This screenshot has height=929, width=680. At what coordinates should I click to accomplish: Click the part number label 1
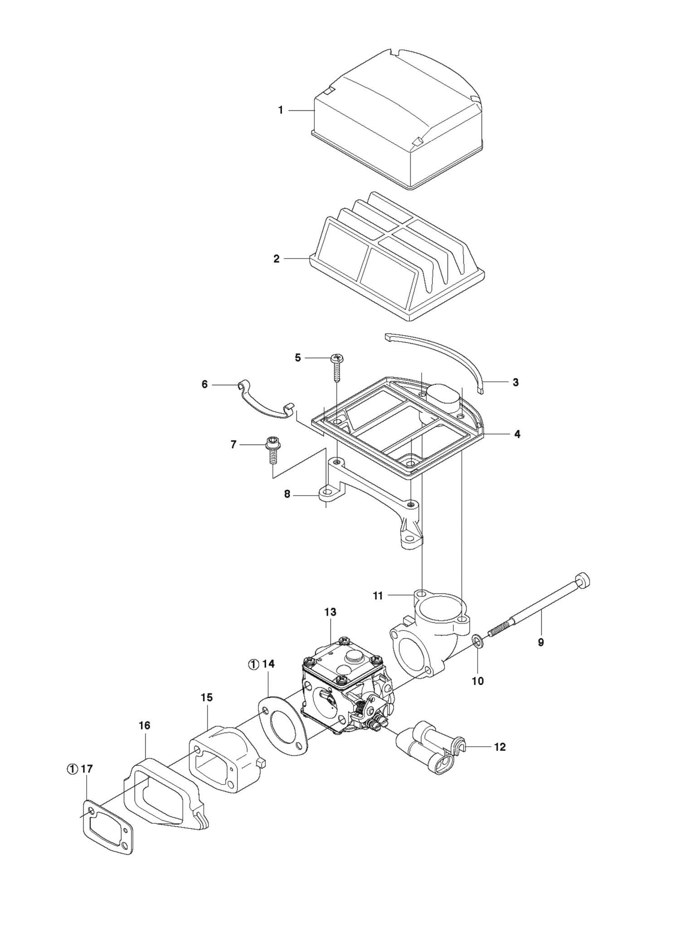281,110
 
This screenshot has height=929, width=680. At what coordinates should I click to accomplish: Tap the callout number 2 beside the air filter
277,259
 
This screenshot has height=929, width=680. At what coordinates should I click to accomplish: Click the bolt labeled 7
272,449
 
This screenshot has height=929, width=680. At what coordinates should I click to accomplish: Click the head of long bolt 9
583,581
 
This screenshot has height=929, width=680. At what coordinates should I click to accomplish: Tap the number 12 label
500,747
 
